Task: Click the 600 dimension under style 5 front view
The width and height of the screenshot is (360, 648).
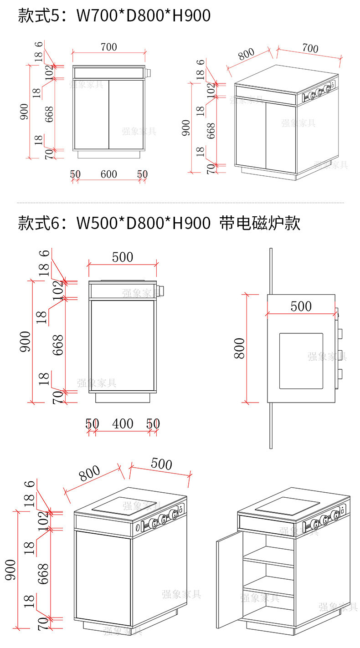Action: pyautogui.click(x=109, y=174)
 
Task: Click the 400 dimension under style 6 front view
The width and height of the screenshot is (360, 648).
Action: pyautogui.click(x=123, y=424)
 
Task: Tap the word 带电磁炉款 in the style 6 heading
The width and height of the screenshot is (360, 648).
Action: pyautogui.click(x=260, y=224)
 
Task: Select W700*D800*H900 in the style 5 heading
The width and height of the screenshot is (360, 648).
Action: pyautogui.click(x=143, y=16)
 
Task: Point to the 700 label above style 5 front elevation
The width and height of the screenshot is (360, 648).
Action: pyautogui.click(x=108, y=47)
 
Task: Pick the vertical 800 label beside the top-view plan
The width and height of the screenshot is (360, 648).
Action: pyautogui.click(x=240, y=348)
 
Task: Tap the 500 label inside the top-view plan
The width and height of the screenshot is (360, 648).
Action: pyautogui.click(x=301, y=306)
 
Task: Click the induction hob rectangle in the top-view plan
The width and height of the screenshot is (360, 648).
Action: pyautogui.click(x=301, y=361)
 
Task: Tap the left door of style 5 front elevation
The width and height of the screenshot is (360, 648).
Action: pyautogui.click(x=91, y=114)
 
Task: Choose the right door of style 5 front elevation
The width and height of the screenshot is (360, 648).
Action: pyautogui.click(x=127, y=114)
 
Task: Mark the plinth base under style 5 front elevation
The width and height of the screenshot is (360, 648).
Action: pyautogui.click(x=108, y=154)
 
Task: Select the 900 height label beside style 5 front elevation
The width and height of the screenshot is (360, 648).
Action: pyautogui.click(x=24, y=112)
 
